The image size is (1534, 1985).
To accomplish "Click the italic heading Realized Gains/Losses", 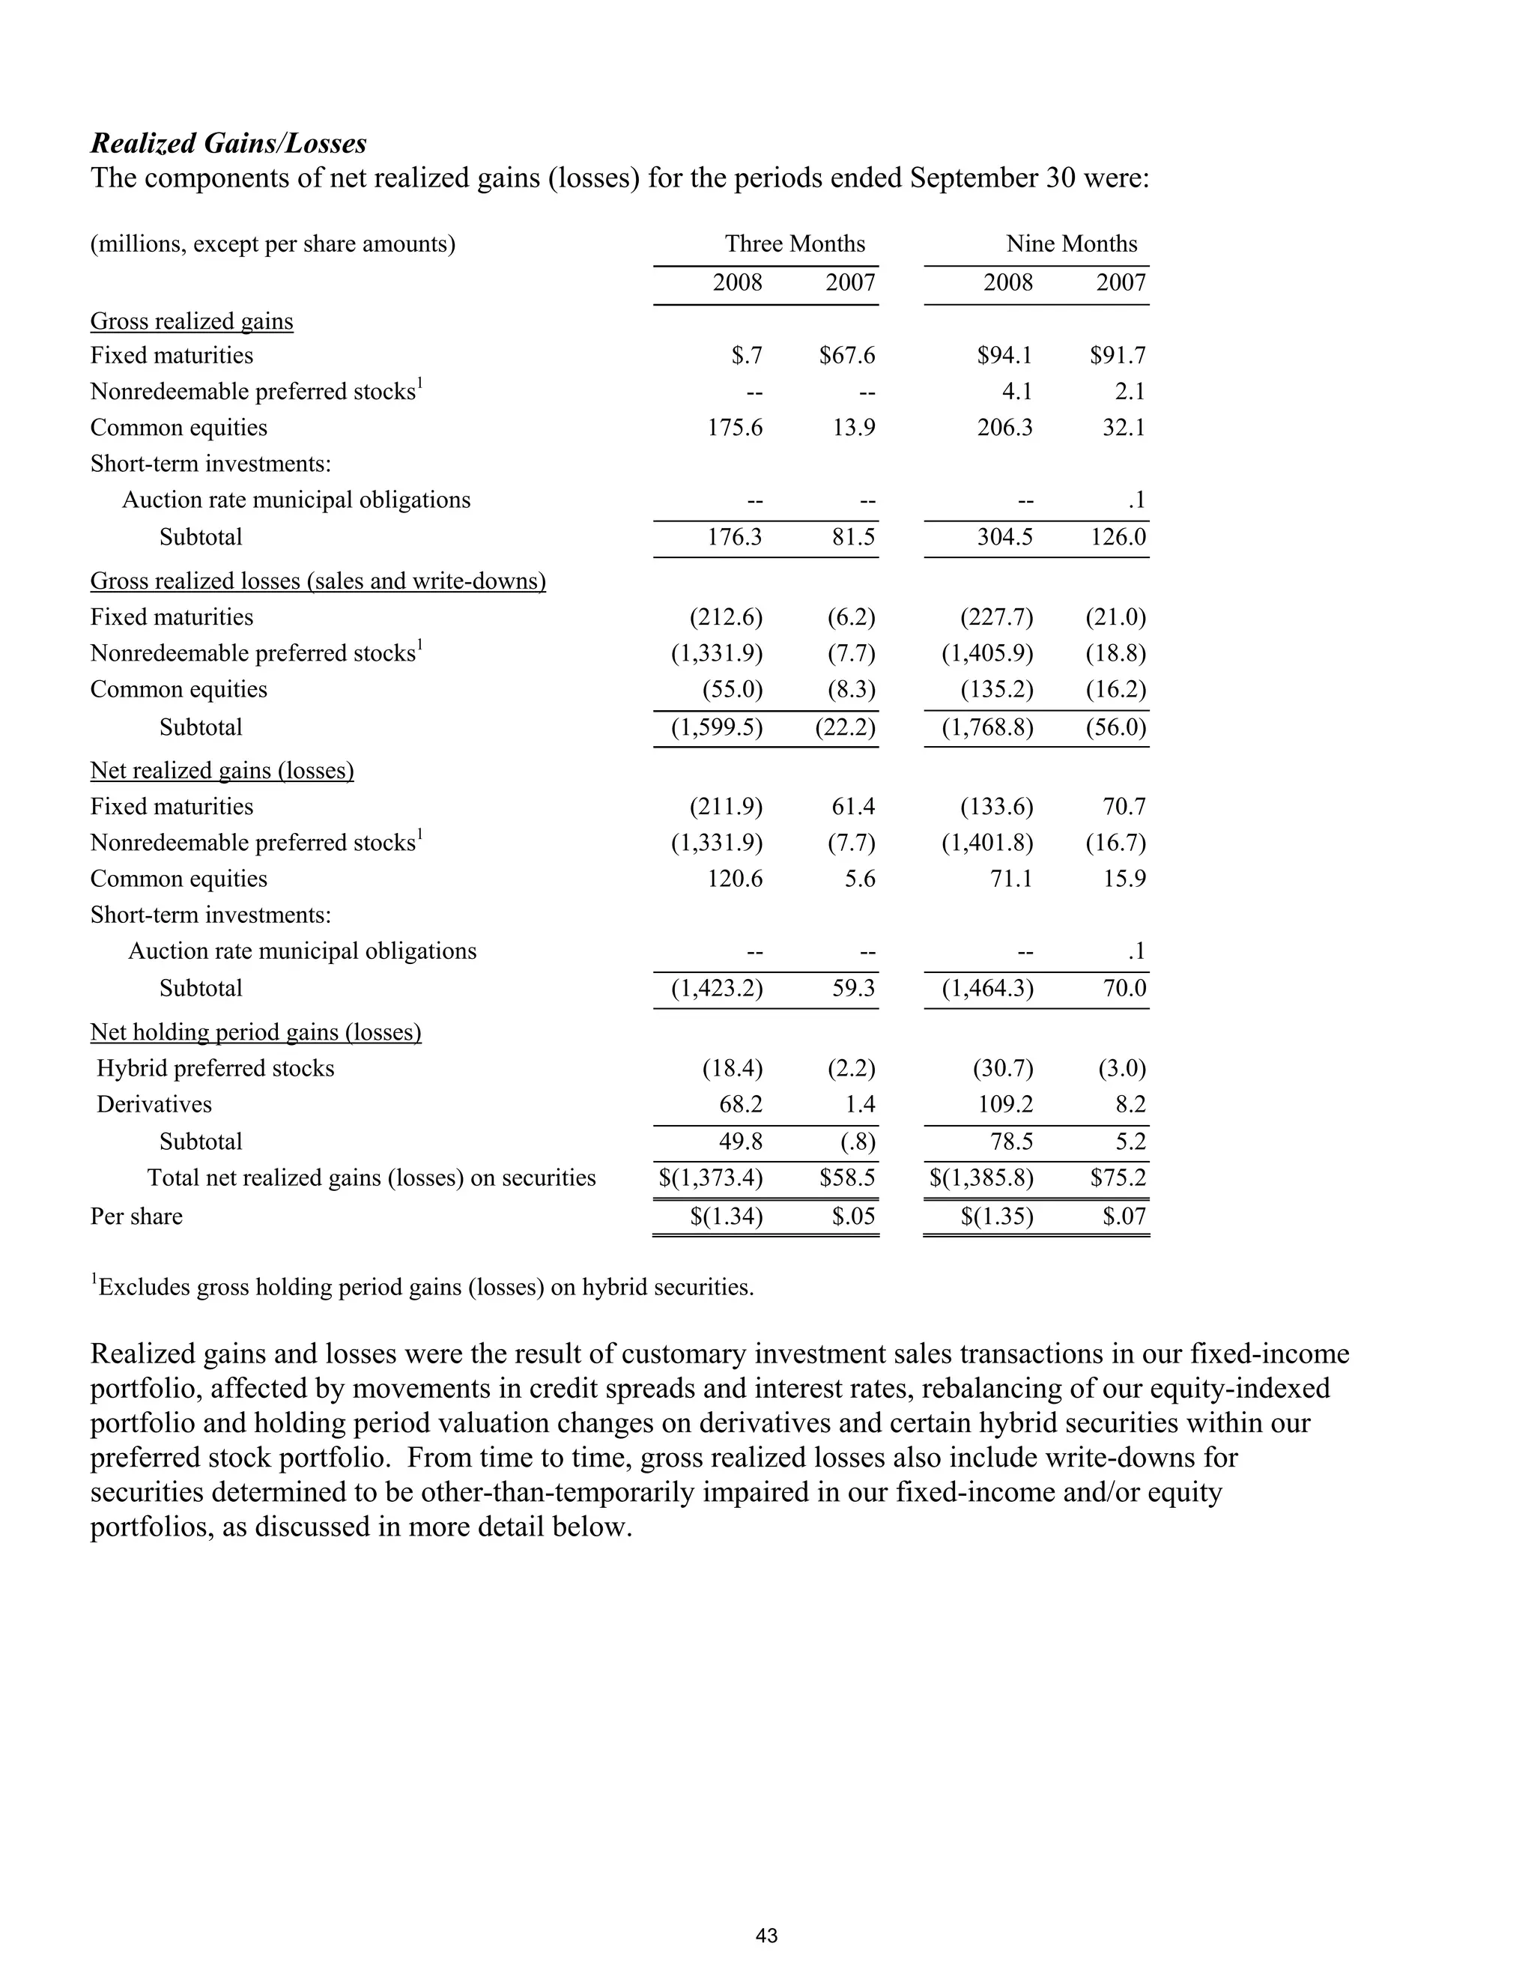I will point(228,144).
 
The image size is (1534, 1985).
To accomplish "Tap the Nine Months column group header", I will point(1070,243).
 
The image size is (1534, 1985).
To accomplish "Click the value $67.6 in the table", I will point(846,355).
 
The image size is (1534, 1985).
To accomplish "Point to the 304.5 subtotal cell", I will point(1004,537).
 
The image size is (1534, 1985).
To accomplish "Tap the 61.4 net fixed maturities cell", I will point(853,806).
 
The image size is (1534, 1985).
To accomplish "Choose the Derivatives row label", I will point(154,1104).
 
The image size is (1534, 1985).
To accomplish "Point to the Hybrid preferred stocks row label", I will point(216,1068).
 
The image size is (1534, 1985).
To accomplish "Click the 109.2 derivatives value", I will point(1004,1104).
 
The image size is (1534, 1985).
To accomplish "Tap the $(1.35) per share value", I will point(996,1216).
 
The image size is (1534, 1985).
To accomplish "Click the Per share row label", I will point(136,1216).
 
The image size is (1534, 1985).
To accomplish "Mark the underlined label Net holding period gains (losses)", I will point(255,1032).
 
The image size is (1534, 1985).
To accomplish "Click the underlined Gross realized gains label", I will point(192,322).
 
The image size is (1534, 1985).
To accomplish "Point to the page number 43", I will point(766,1935).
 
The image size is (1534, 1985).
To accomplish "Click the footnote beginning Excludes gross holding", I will point(422,1287).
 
